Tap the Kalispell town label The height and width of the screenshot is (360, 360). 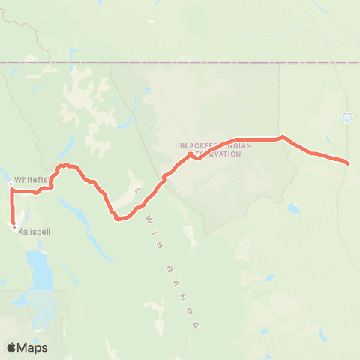click(x=31, y=232)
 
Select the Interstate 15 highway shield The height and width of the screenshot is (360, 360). click(x=346, y=118)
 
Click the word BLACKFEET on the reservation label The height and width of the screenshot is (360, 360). click(x=197, y=145)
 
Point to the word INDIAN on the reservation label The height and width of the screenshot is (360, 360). click(x=234, y=145)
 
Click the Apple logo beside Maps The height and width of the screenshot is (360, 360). click(x=12, y=347)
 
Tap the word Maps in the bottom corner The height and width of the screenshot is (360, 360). click(x=33, y=347)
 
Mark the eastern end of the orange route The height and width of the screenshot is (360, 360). click(x=348, y=163)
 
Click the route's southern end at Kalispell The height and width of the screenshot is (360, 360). click(x=13, y=223)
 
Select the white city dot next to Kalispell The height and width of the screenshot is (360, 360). click(x=14, y=227)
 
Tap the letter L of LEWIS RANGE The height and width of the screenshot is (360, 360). click(x=136, y=193)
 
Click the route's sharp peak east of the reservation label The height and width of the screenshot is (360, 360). click(x=281, y=136)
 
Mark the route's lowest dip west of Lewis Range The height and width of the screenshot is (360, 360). click(x=117, y=219)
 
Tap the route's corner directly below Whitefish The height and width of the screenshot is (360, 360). click(x=12, y=192)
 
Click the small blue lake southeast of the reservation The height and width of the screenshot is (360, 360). click(x=292, y=208)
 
